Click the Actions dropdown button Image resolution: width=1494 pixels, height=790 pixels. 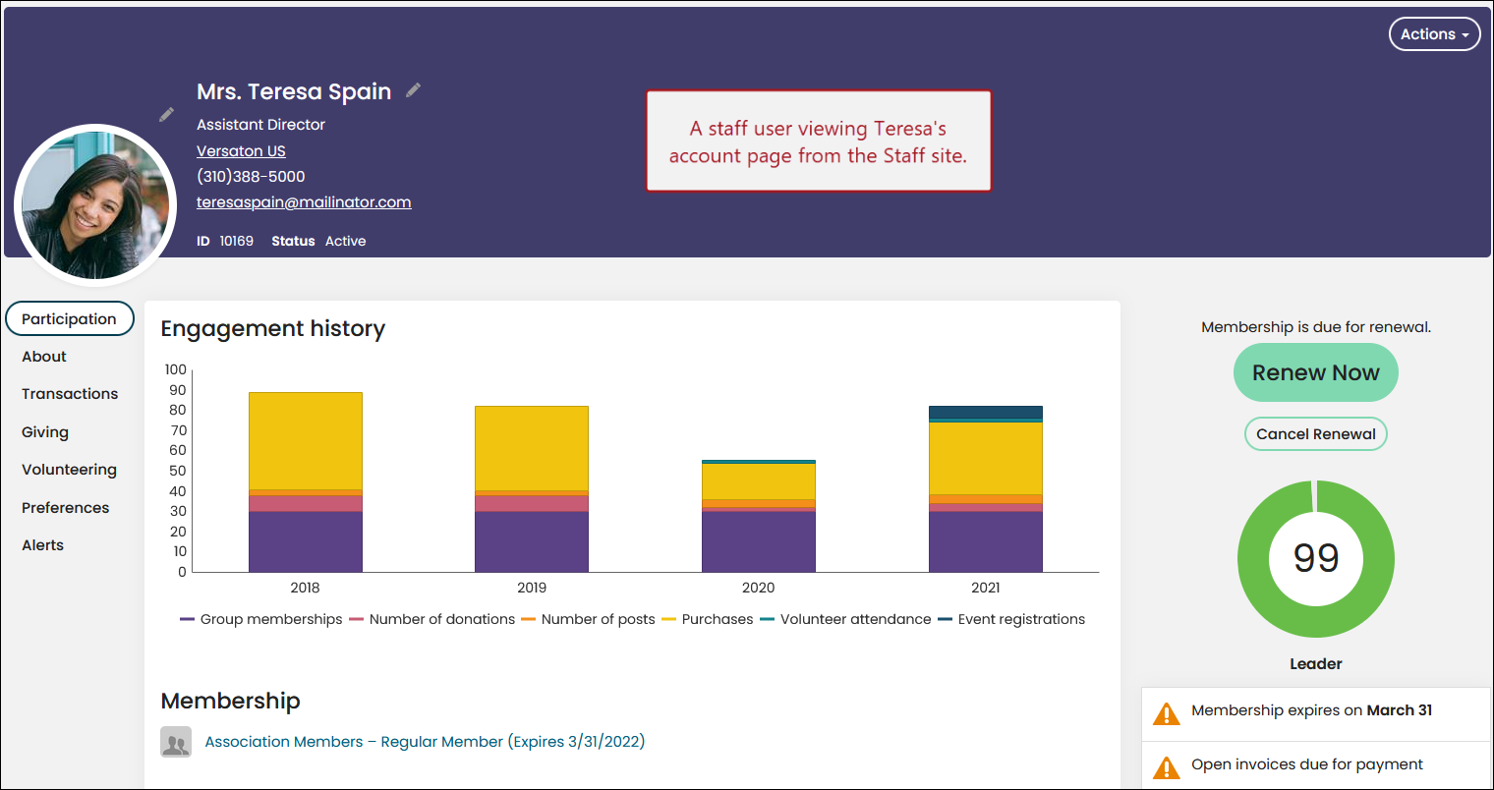[1434, 34]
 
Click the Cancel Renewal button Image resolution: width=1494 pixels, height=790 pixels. [1315, 434]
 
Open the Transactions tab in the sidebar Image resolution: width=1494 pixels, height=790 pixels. [70, 394]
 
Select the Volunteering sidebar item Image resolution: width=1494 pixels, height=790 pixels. [69, 470]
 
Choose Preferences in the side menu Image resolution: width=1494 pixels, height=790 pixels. [65, 507]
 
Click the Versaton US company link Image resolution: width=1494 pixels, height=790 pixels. [241, 151]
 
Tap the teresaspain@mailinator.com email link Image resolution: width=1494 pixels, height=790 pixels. [304, 202]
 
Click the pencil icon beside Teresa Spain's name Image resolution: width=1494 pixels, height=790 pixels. [414, 90]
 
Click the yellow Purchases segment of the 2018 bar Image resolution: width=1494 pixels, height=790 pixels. [306, 441]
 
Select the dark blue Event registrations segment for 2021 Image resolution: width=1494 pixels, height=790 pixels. [985, 412]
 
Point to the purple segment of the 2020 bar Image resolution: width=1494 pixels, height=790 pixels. [759, 541]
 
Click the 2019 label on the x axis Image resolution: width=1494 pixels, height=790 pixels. [532, 588]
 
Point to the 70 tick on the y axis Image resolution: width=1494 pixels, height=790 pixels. [177, 430]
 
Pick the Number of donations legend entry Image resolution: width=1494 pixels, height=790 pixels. [431, 619]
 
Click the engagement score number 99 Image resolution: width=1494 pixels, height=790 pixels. [1316, 558]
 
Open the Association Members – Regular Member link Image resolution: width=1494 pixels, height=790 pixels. [425, 741]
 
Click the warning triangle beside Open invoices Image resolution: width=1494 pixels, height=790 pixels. [1167, 767]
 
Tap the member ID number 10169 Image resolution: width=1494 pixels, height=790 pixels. [236, 241]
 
